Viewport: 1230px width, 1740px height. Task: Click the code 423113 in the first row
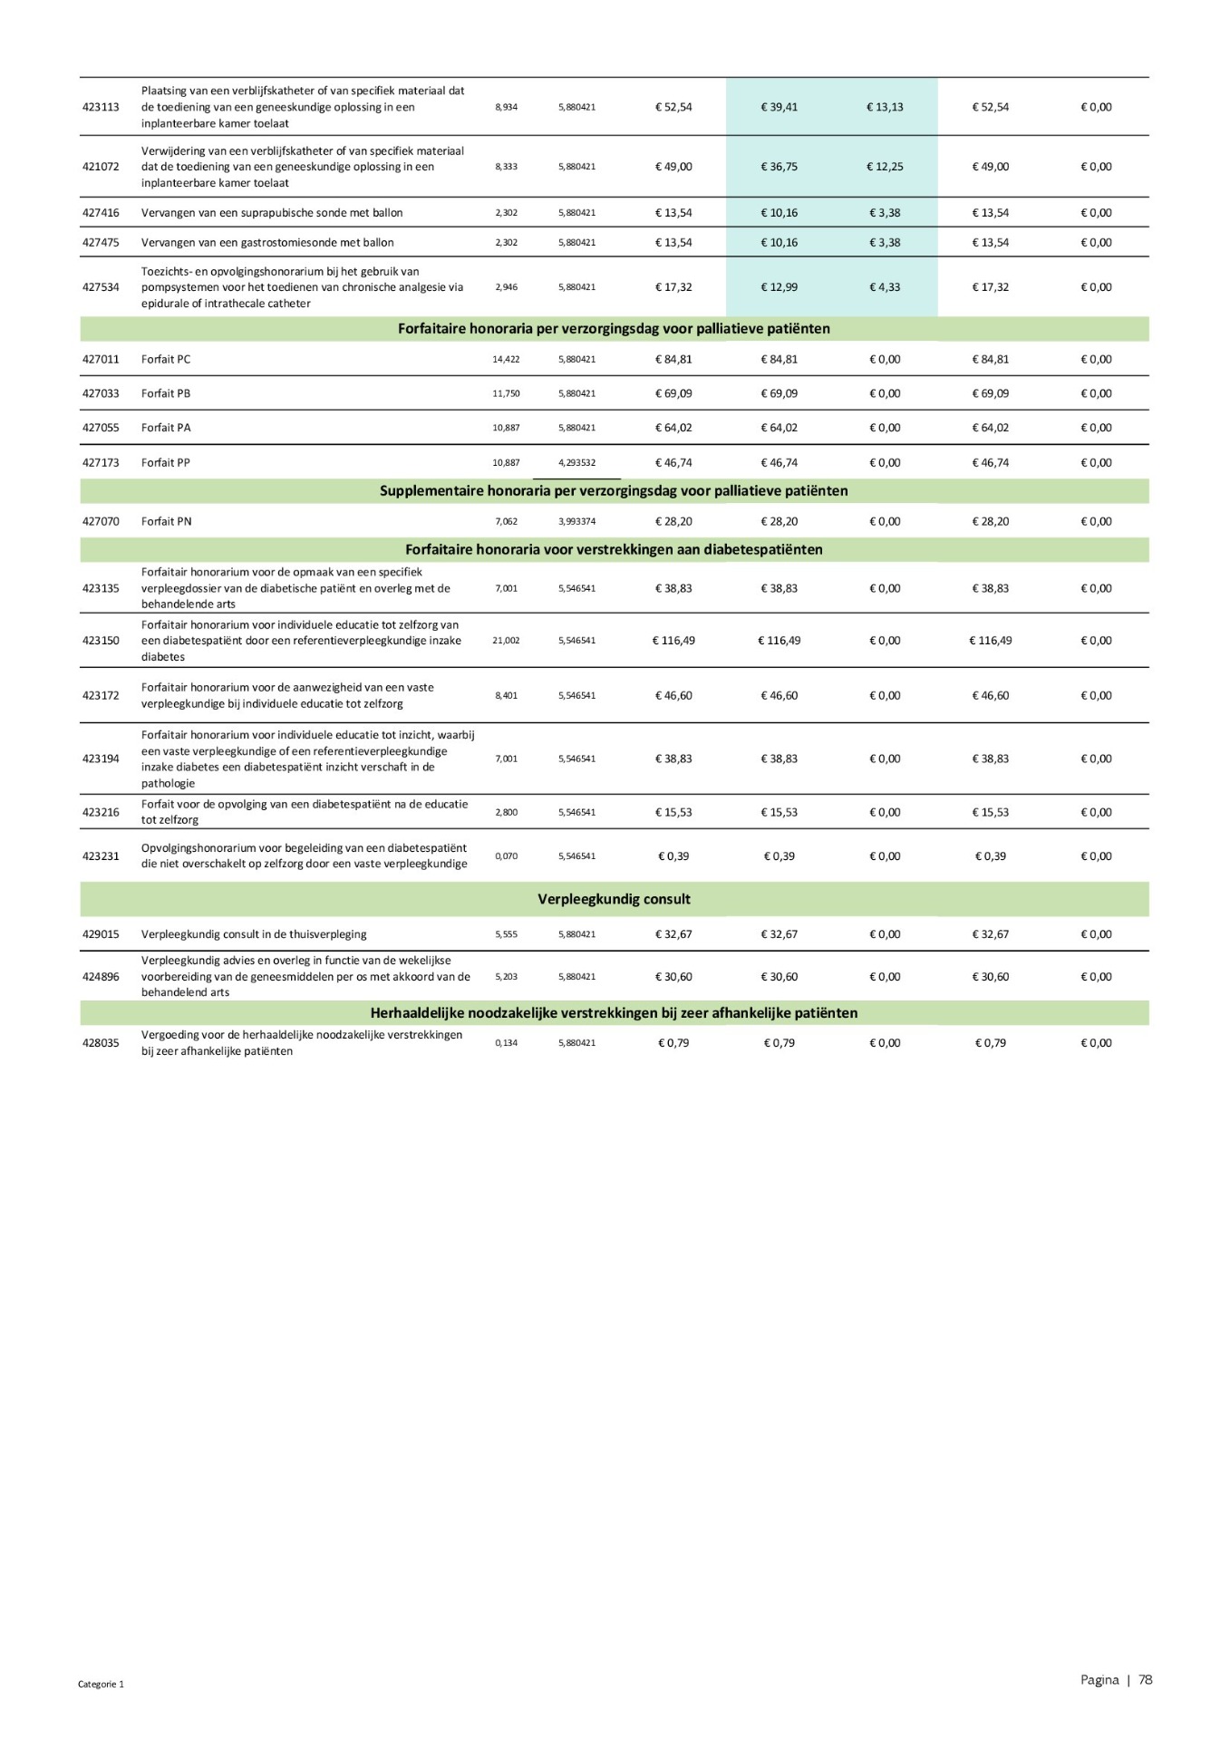[x=101, y=107]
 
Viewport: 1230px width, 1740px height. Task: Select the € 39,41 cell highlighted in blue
[x=779, y=107]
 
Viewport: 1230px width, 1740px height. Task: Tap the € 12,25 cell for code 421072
[x=885, y=167]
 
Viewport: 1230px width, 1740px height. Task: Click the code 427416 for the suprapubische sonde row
[x=101, y=213]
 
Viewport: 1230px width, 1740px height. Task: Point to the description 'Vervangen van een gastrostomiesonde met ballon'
[x=267, y=243]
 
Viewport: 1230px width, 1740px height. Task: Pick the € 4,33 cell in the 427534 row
[x=885, y=287]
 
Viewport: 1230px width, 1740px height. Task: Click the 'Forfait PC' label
[x=166, y=360]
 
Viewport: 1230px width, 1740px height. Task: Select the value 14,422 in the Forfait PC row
[x=506, y=360]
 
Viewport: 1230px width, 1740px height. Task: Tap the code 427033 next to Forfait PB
[x=101, y=394]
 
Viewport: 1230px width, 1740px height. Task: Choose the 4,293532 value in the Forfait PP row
[x=576, y=463]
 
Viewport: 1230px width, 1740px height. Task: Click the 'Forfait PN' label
[x=167, y=522]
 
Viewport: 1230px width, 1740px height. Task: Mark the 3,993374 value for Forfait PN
[x=576, y=522]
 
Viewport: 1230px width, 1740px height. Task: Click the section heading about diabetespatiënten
[x=614, y=550]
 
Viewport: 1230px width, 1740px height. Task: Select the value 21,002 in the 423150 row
[x=506, y=641]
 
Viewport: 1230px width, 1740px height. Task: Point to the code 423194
[x=101, y=759]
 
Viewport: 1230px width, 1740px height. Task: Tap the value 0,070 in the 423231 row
[x=506, y=856]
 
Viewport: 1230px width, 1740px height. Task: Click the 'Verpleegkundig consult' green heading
[x=614, y=900]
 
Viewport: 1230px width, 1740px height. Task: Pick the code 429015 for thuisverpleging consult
[x=101, y=934]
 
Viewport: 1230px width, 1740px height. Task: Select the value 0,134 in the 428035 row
[x=506, y=1043]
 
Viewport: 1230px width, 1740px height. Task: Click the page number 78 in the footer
[x=1146, y=1680]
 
